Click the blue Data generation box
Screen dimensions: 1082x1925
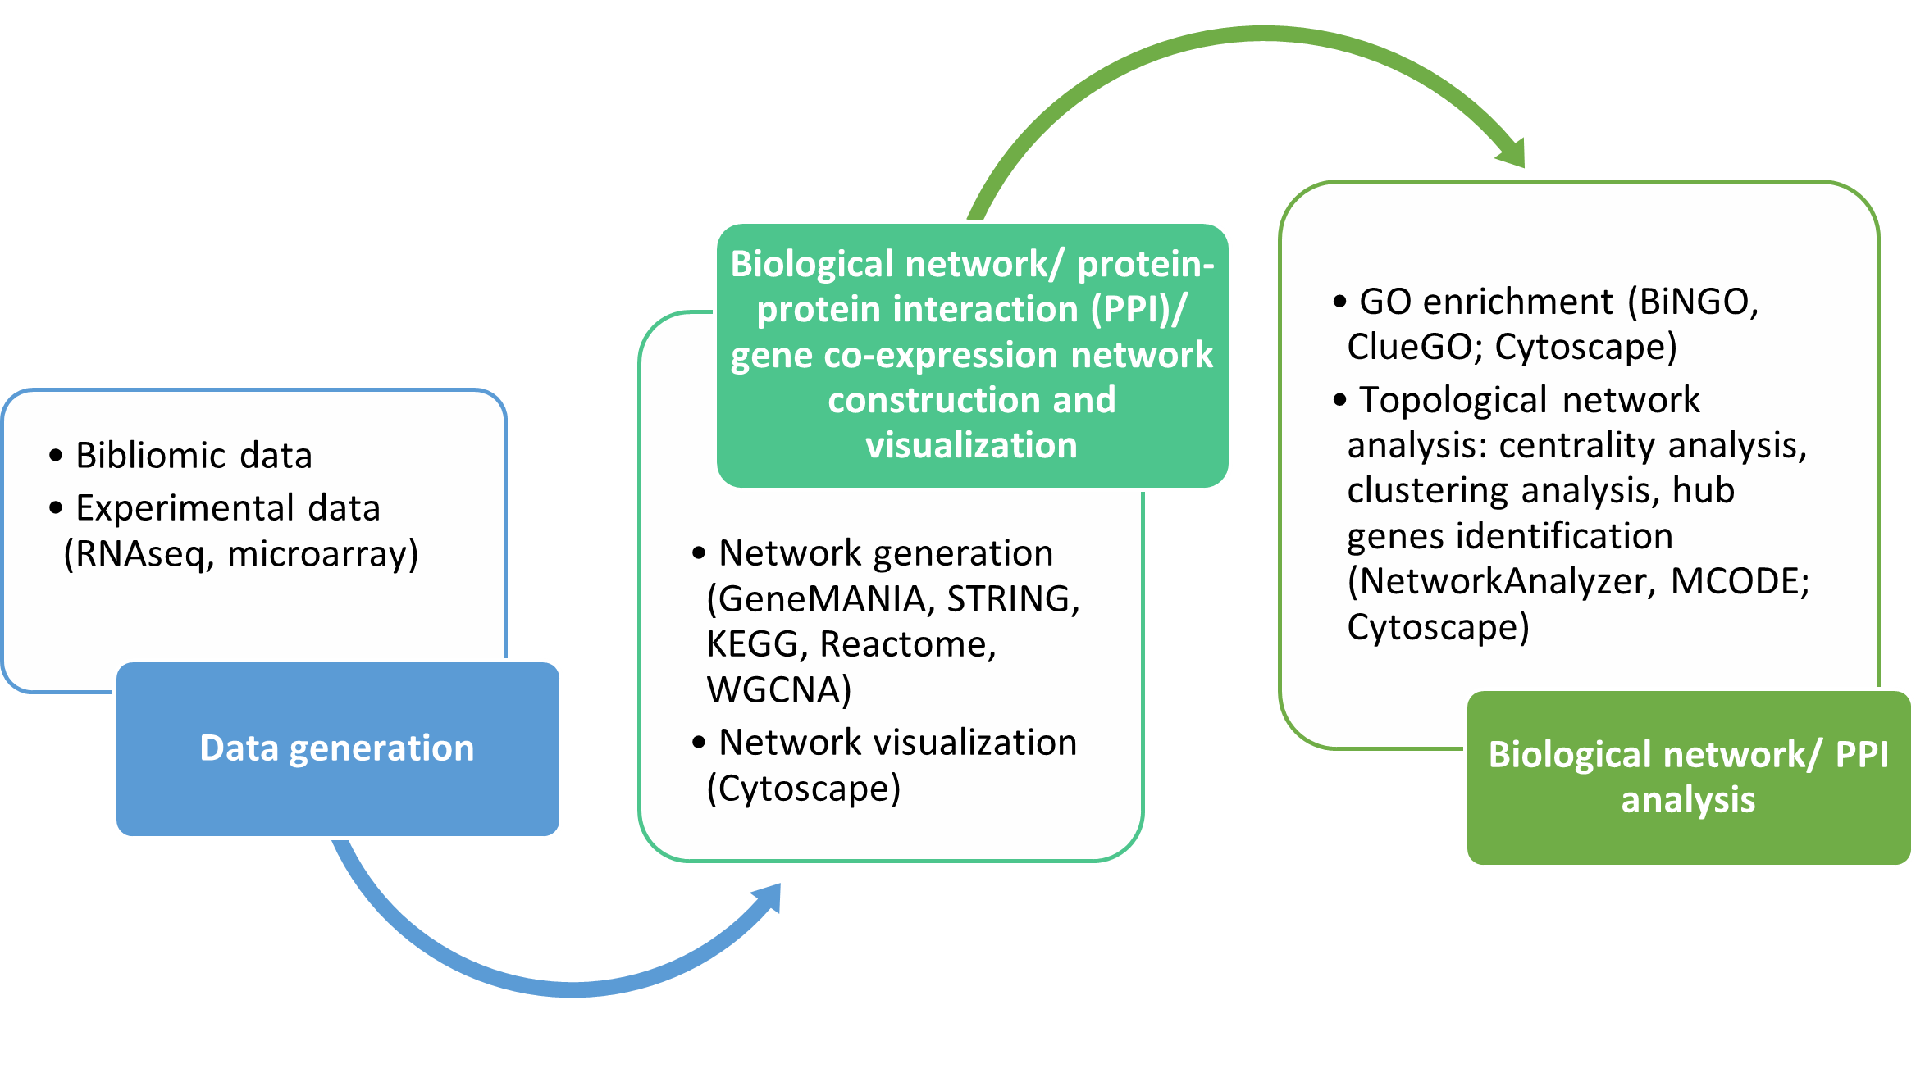click(x=337, y=749)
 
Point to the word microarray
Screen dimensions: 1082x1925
click(x=320, y=554)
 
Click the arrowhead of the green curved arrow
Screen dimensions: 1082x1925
click(x=1512, y=152)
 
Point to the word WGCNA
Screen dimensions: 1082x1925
click(x=775, y=690)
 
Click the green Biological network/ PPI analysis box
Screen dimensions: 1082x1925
click(x=1688, y=777)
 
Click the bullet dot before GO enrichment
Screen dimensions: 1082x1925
click(x=1340, y=302)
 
